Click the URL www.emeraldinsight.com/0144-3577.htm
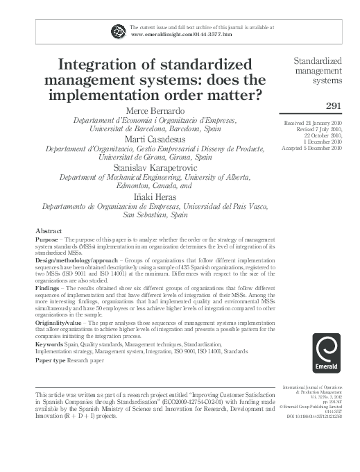click(x=171, y=33)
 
